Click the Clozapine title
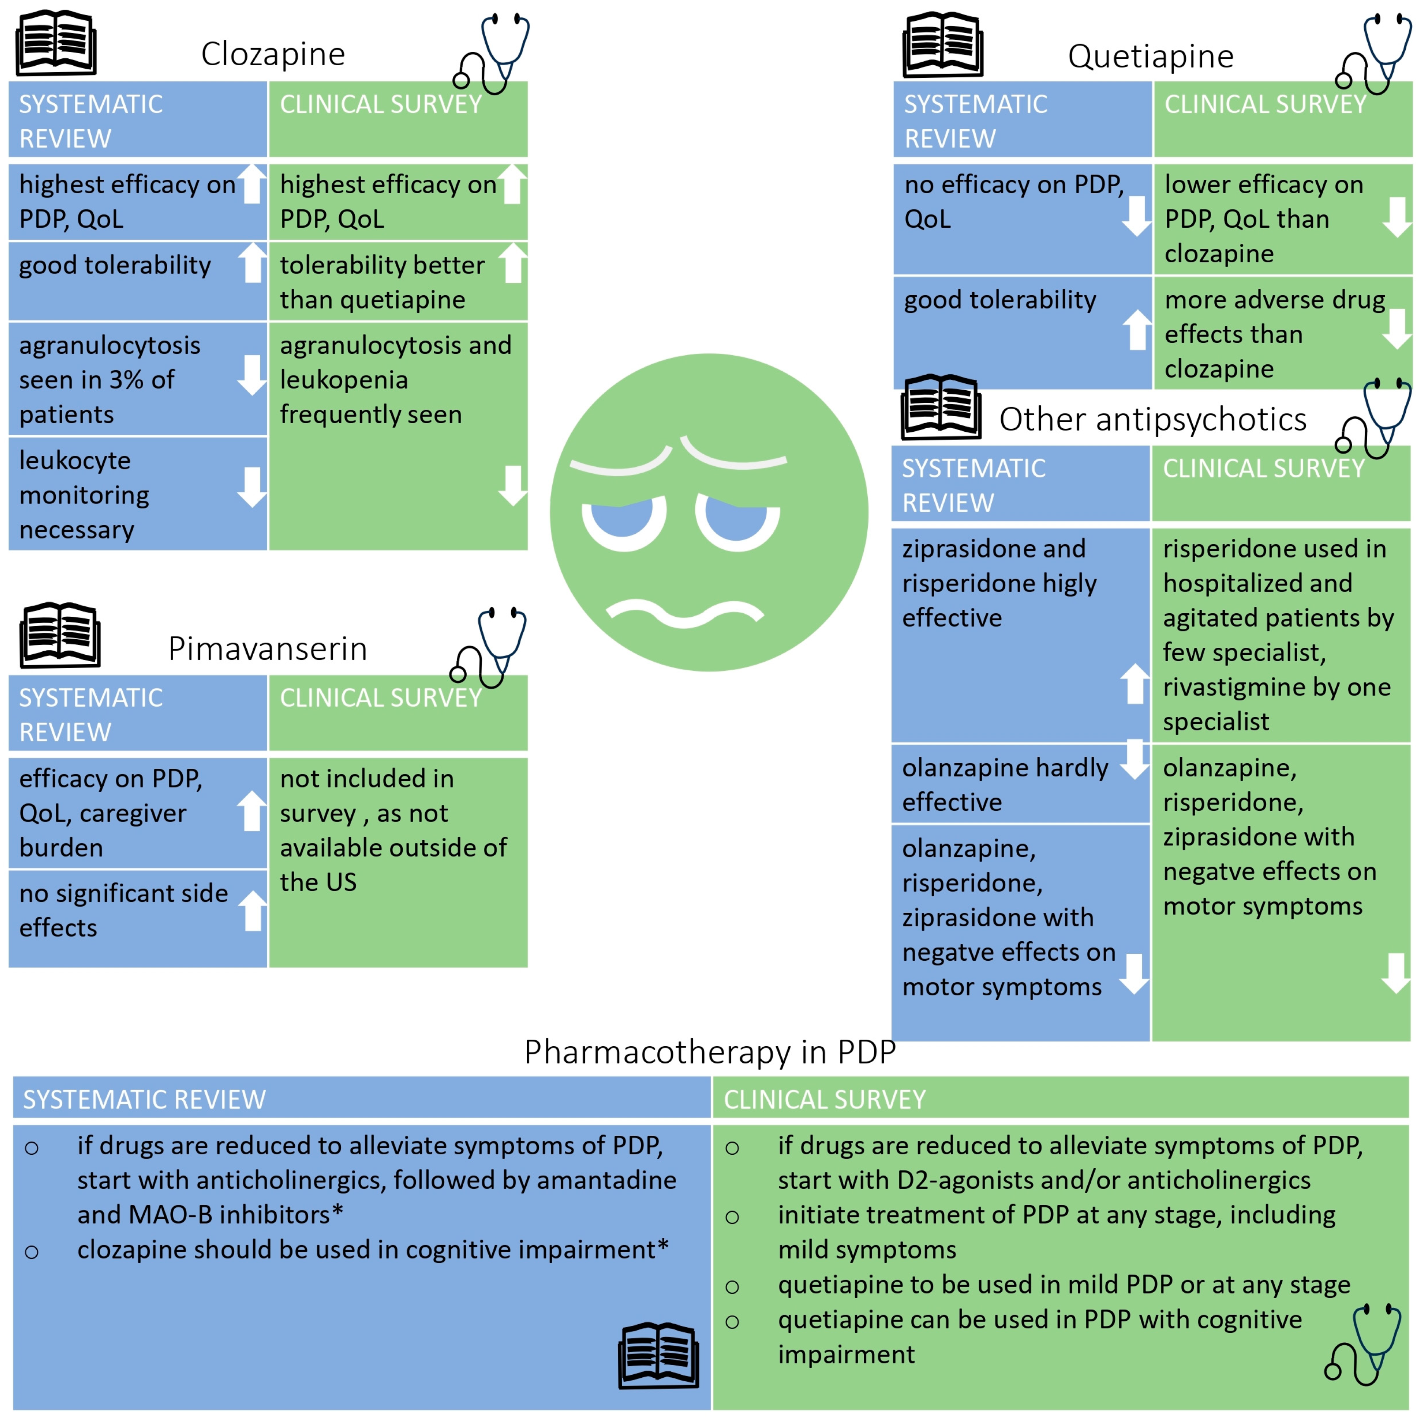coord(273,54)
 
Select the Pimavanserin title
coord(267,649)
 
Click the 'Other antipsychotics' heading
coord(1153,419)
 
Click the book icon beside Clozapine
coord(56,43)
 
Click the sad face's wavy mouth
coord(685,613)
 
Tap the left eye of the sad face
coord(624,519)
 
